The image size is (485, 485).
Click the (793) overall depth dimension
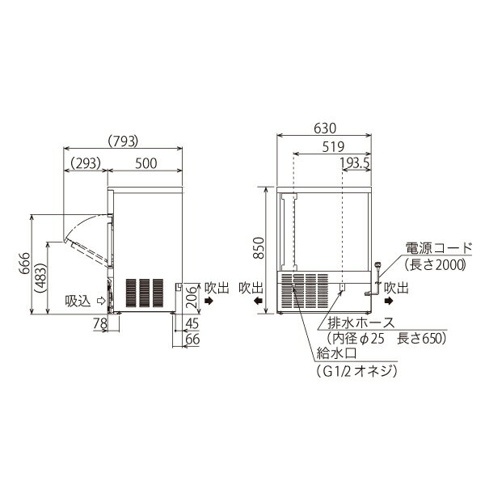pyautogui.click(x=123, y=141)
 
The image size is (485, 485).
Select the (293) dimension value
pyautogui.click(x=86, y=163)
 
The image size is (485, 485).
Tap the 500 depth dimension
pyautogui.click(x=145, y=163)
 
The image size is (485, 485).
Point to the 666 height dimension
pyautogui.click(x=24, y=263)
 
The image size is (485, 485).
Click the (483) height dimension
pyautogui.click(x=41, y=278)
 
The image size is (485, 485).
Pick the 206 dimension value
pyautogui.click(x=191, y=297)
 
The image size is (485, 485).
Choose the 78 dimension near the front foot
pyautogui.click(x=100, y=324)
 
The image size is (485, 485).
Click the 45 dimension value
pyautogui.click(x=192, y=324)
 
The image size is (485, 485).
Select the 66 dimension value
pyautogui.click(x=192, y=339)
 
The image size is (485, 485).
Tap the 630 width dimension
pyautogui.click(x=325, y=128)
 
